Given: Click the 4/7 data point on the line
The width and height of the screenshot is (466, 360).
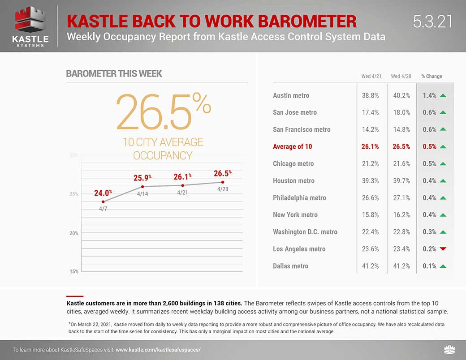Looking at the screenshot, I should tap(104, 202).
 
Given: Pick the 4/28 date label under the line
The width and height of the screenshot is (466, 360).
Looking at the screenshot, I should tap(223, 189).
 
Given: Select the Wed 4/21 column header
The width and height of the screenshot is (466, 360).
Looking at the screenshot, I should tap(371, 77).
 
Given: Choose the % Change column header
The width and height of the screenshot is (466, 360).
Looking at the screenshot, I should tap(431, 77).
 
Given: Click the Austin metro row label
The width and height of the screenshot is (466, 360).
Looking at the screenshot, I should tap(291, 95).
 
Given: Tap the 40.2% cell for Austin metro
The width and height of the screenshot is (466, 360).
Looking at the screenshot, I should tap(401, 95).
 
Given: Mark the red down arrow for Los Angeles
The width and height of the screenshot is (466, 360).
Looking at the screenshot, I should tap(443, 249).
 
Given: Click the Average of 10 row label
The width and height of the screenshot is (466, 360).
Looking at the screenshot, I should tap(293, 146).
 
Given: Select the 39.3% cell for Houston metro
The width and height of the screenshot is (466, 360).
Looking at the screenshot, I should tap(370, 180).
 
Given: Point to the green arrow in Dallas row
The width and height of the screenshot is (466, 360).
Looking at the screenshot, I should tap(443, 266).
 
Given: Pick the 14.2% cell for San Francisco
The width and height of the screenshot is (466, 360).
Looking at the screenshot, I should tap(370, 129).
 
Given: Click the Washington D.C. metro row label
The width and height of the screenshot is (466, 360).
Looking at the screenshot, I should tap(305, 232).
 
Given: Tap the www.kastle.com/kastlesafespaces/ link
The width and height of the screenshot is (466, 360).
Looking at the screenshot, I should tap(158, 350).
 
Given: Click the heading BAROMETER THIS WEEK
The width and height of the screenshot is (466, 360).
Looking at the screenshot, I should tap(114, 74).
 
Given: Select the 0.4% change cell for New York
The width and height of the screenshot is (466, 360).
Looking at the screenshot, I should tap(429, 214).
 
